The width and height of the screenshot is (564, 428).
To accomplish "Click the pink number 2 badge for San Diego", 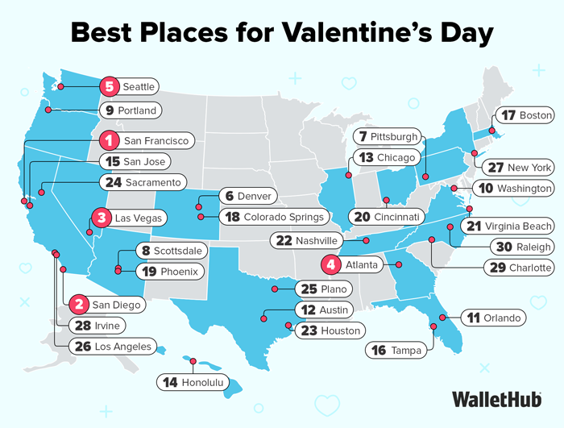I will (x=79, y=304).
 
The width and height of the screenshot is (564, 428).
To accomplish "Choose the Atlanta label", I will (x=359, y=264).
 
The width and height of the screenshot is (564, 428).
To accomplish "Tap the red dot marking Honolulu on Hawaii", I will (x=195, y=360).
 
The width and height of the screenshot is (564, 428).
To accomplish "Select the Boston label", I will (x=536, y=115).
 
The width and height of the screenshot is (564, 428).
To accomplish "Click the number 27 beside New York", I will (x=496, y=168).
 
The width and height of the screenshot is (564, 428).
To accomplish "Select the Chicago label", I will (x=396, y=157).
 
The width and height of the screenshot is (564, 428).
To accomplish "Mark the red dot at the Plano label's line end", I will (x=275, y=289).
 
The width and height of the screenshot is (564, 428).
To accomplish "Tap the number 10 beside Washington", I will (x=486, y=188).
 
